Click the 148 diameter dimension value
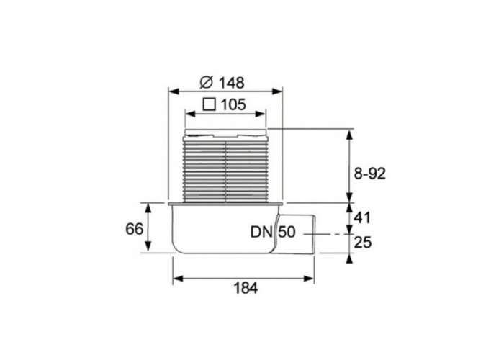pyautogui.click(x=232, y=83)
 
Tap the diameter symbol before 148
pyautogui.click(x=207, y=82)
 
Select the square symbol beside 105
pyautogui.click(x=210, y=104)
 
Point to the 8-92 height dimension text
pyautogui.click(x=369, y=174)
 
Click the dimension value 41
pyautogui.click(x=362, y=218)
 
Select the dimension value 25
pyautogui.click(x=363, y=243)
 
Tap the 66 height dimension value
pyautogui.click(x=134, y=229)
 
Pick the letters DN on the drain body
pyautogui.click(x=261, y=232)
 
